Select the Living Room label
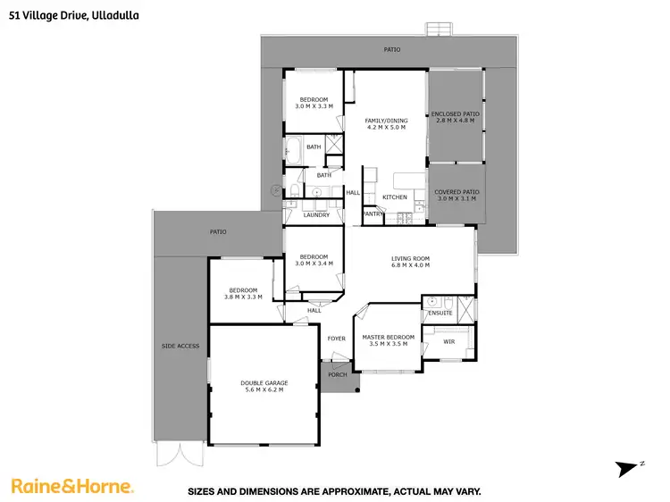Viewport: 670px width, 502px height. click(411, 259)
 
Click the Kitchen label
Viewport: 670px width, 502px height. click(395, 197)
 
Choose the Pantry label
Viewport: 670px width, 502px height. click(373, 214)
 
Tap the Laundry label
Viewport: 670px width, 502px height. click(316, 215)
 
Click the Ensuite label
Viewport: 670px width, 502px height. click(440, 314)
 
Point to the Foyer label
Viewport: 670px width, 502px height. click(336, 339)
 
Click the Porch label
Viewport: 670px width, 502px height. click(338, 374)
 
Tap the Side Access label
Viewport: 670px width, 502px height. click(180, 346)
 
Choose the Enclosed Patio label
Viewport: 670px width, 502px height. click(456, 114)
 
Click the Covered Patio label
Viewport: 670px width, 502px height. click(456, 192)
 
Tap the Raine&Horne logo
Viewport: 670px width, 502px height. click(72, 486)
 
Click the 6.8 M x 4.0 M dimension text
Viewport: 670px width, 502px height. click(411, 265)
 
